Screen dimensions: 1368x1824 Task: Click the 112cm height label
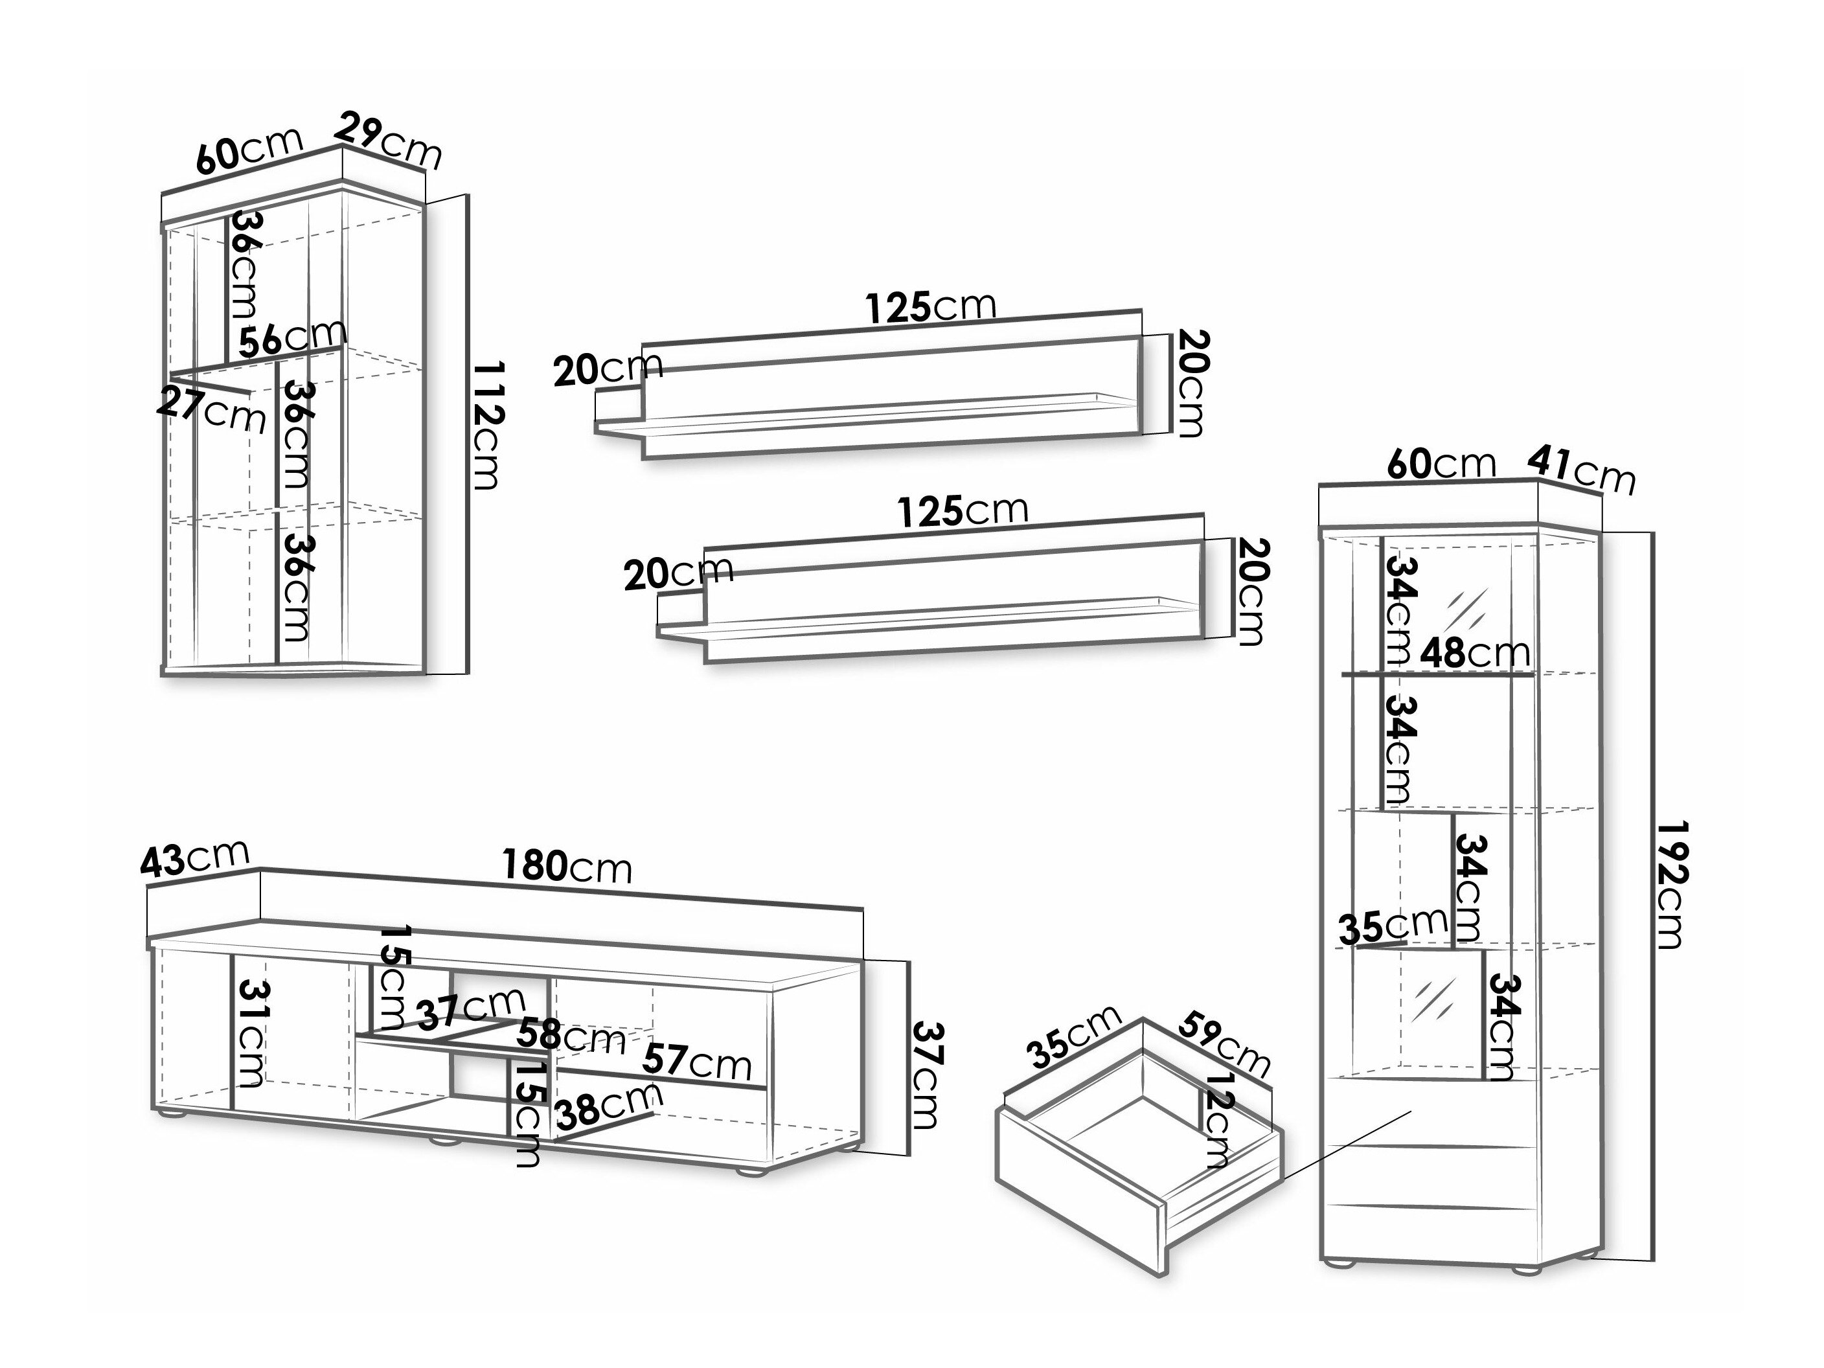tap(487, 425)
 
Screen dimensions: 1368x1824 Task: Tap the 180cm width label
tap(567, 866)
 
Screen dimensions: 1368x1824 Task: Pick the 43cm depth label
tap(194, 860)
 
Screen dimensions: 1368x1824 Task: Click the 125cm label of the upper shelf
tap(930, 307)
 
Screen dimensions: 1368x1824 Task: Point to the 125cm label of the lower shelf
tap(963, 511)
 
